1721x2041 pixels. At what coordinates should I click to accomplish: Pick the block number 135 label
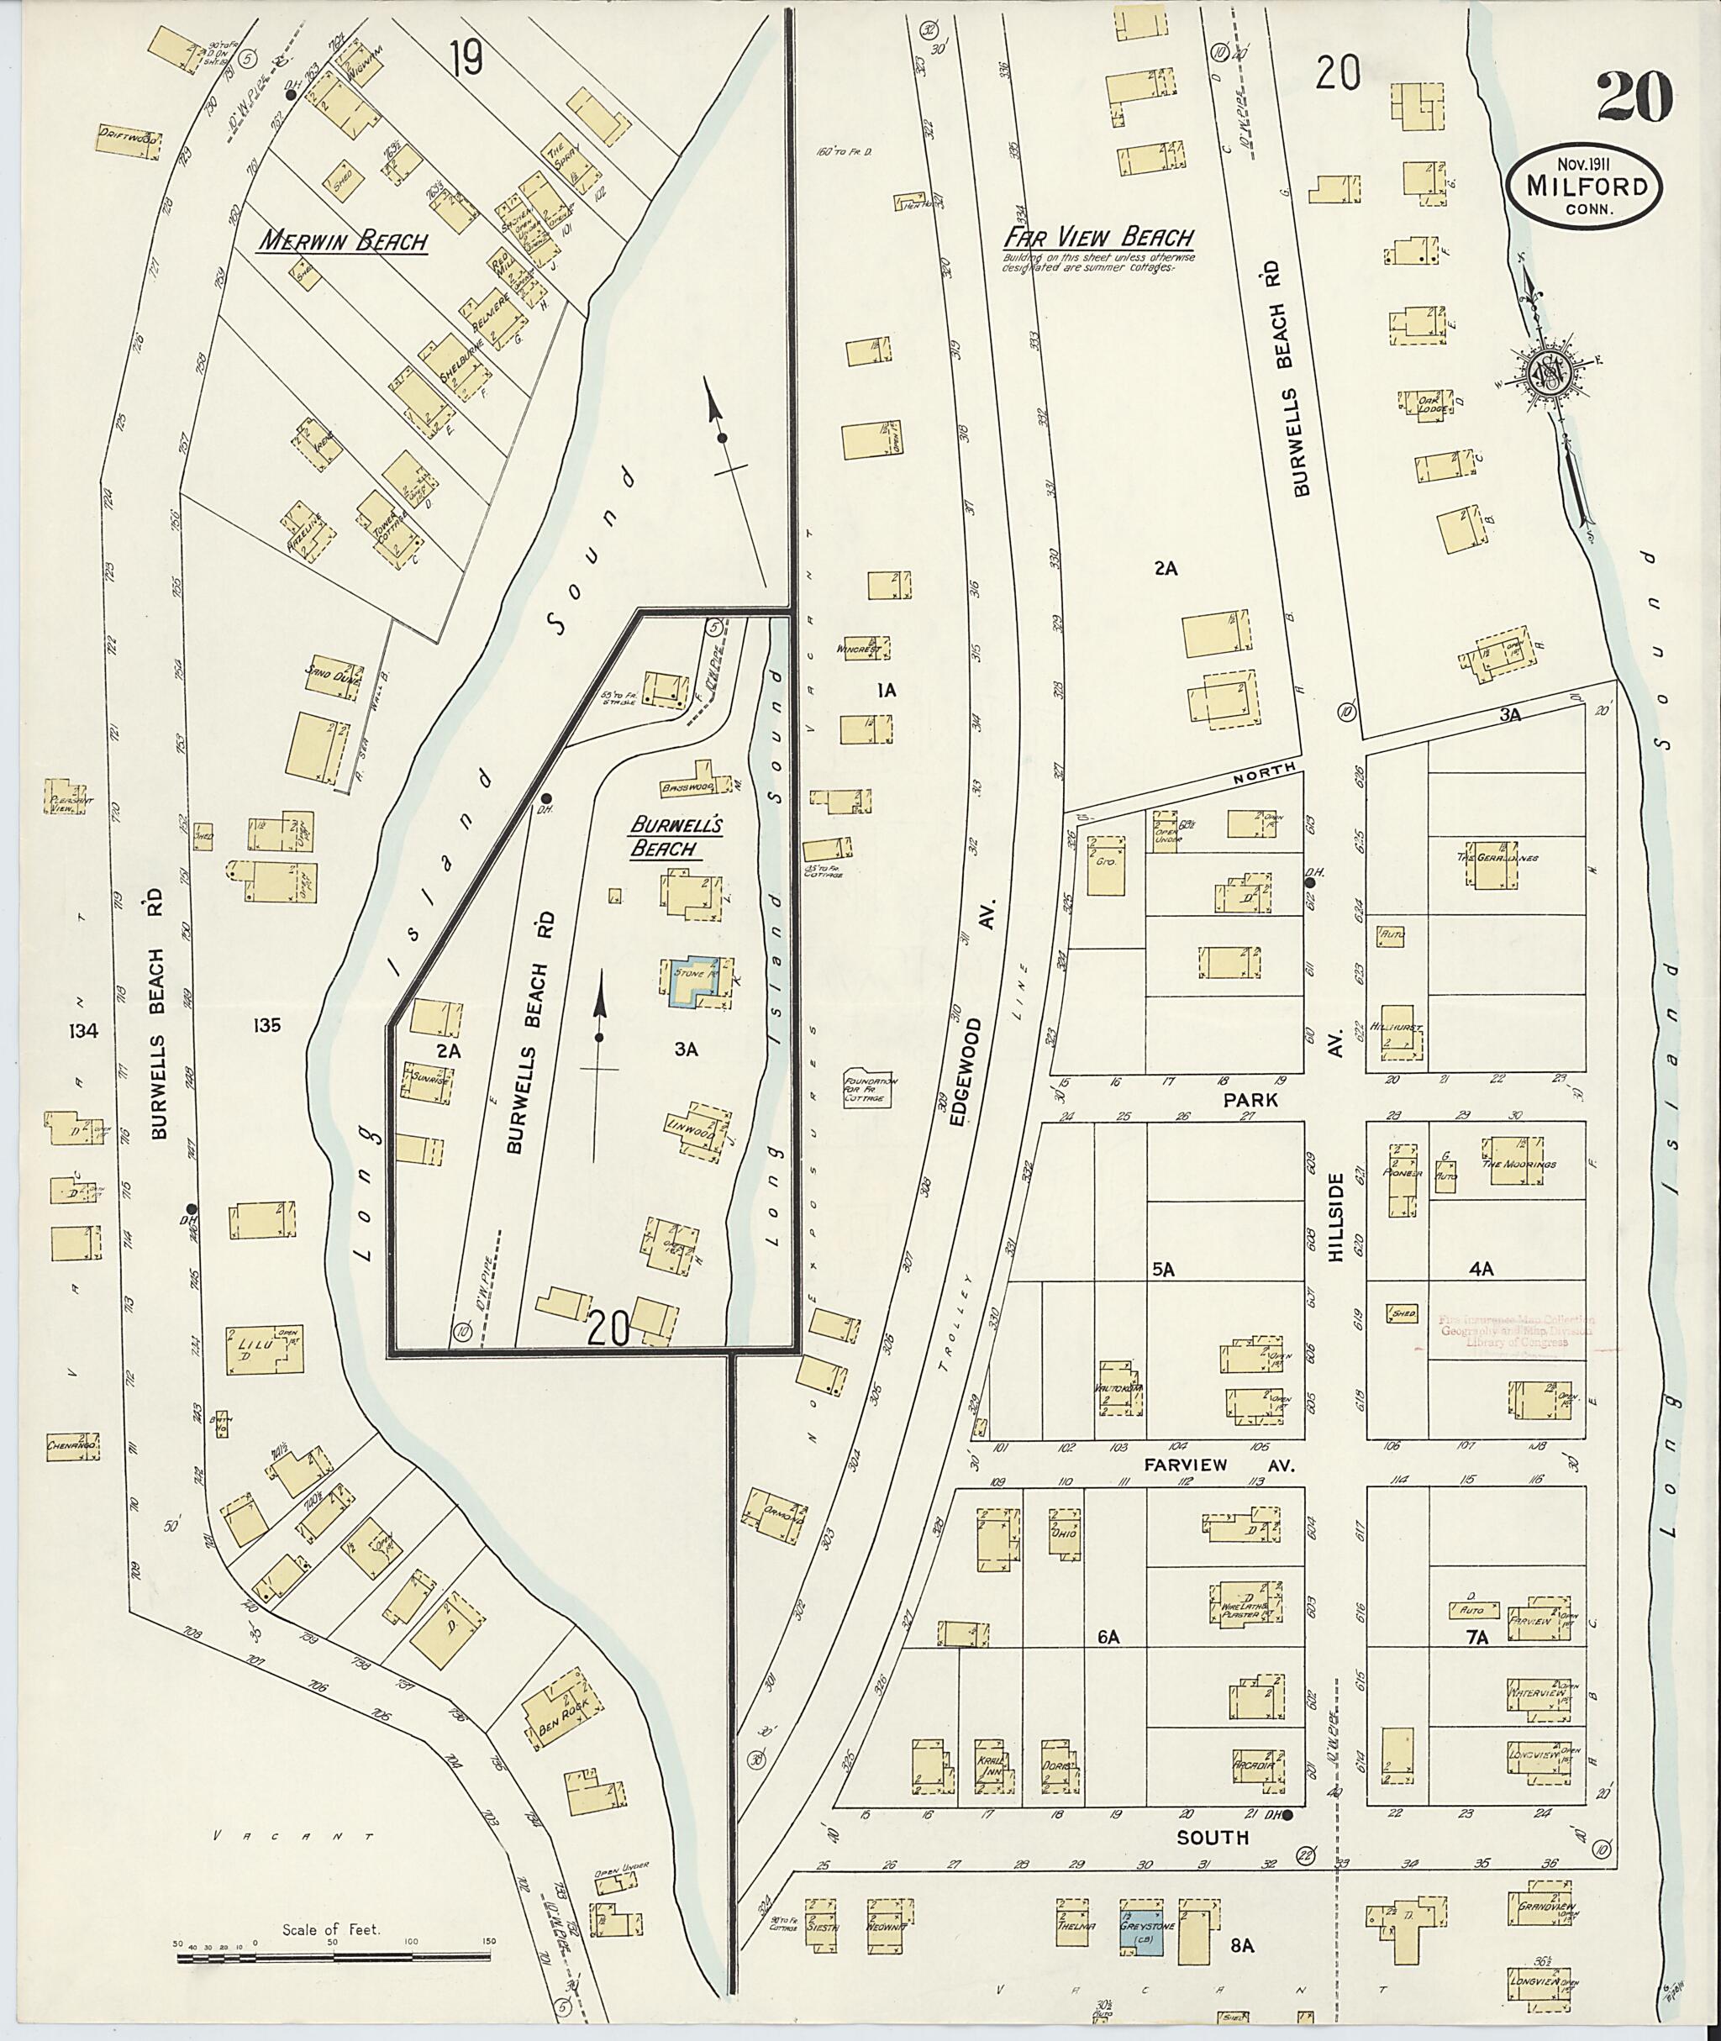(x=266, y=1025)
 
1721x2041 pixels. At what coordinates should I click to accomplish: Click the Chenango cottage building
(x=73, y=1443)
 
